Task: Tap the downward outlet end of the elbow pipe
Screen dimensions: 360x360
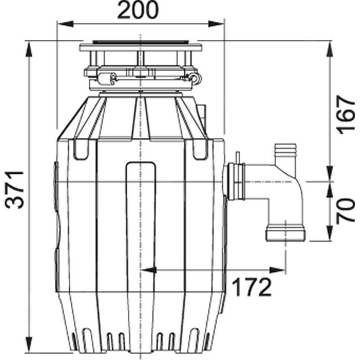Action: coord(285,233)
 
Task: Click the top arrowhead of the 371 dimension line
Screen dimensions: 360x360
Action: coord(30,47)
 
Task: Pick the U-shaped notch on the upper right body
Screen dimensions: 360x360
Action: coord(200,150)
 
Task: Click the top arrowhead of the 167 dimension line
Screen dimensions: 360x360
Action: coord(330,47)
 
